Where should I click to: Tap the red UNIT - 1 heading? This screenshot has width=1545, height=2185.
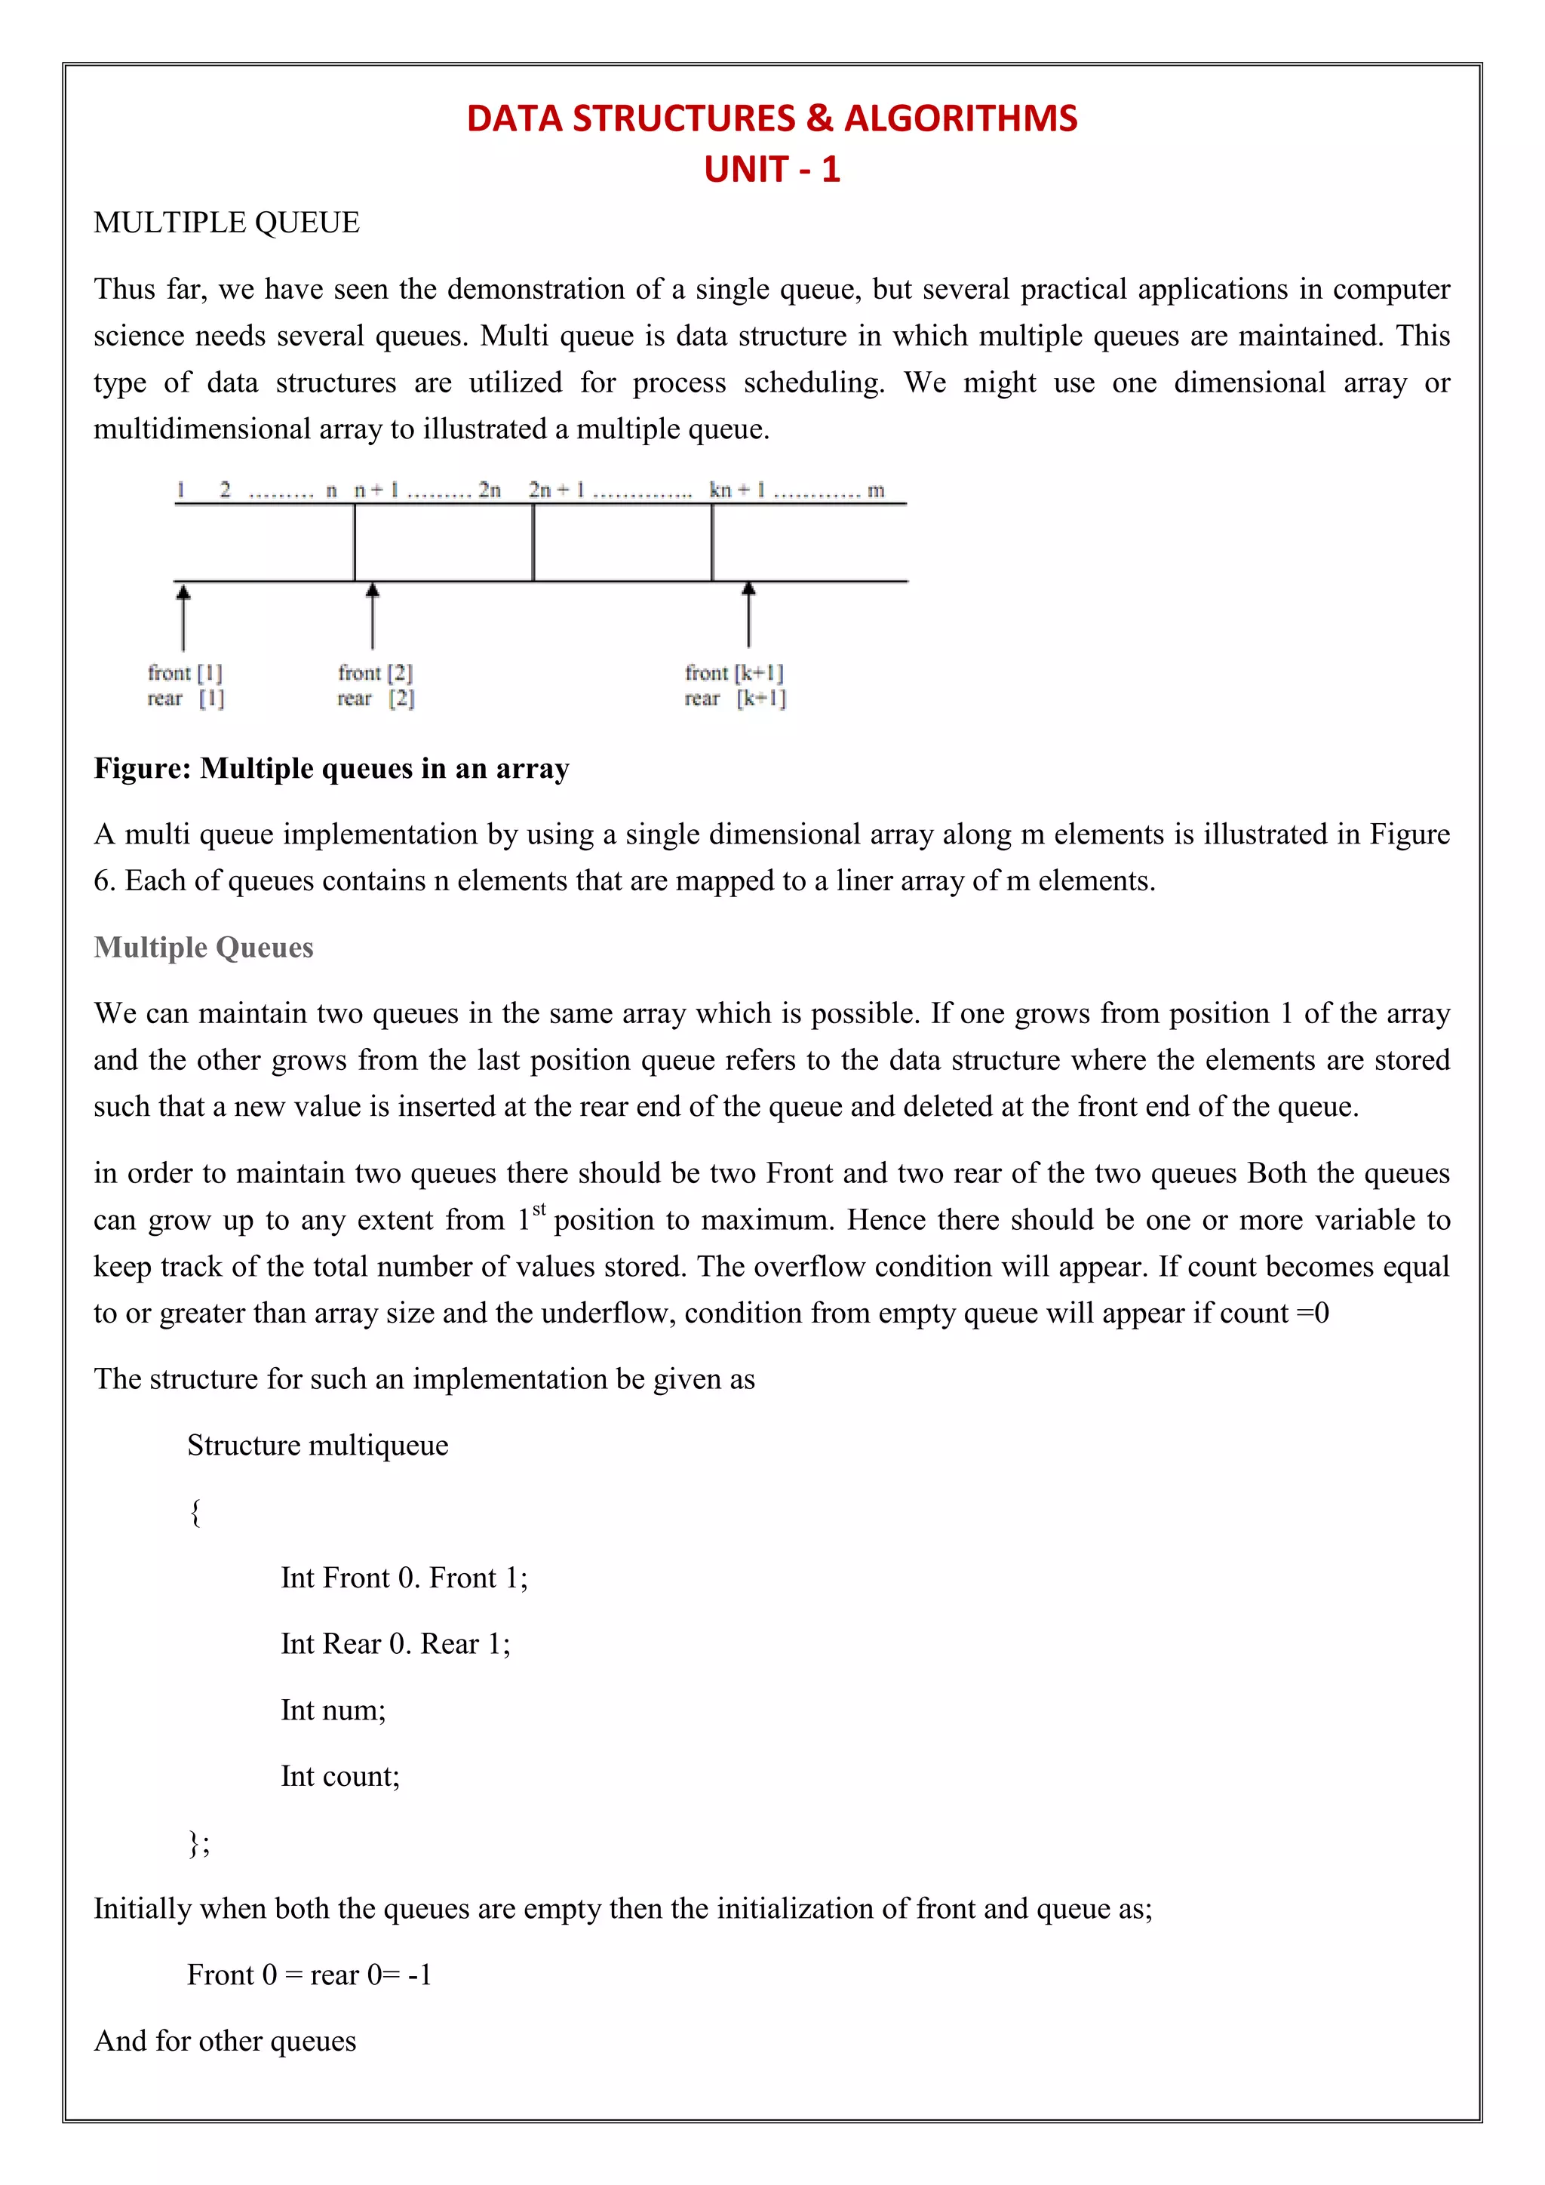coord(772,170)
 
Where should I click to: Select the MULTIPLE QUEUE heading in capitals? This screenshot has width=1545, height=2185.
coord(226,223)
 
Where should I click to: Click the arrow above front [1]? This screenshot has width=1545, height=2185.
coord(183,616)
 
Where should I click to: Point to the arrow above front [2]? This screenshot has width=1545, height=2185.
coord(373,616)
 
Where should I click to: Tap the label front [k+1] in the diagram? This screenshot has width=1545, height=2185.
coord(733,673)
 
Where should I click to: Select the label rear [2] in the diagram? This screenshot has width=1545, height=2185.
coord(376,699)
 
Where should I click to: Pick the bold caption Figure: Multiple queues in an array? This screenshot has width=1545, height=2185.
coord(331,768)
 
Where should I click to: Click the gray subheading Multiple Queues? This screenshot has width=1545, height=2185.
coord(204,947)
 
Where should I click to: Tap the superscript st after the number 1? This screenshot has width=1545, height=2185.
coord(539,1209)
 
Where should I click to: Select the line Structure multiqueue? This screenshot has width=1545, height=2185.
coord(318,1445)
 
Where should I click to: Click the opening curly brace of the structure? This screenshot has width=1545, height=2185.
coord(195,1511)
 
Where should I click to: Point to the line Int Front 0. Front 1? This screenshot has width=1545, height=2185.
coord(404,1578)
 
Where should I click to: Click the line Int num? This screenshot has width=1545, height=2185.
coord(333,1710)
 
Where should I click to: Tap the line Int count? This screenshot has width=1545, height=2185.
coord(340,1776)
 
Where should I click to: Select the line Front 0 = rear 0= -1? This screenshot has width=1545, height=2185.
coord(309,1974)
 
